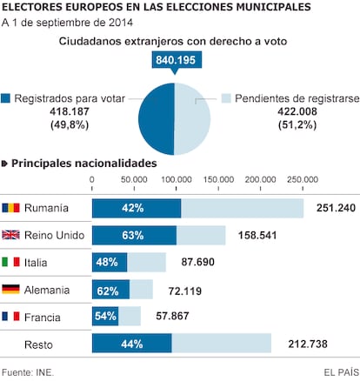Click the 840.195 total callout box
(177, 60)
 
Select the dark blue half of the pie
(156, 119)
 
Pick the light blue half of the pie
(192, 119)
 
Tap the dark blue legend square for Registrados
(5, 98)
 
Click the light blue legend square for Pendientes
(226, 98)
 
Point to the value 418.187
(70, 111)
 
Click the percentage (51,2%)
(297, 125)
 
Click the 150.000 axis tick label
(218, 179)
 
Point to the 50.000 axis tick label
(134, 179)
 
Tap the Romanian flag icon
(10, 208)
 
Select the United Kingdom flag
(10, 235)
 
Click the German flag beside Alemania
(10, 290)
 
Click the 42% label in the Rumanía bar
(133, 208)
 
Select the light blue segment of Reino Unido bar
(201, 236)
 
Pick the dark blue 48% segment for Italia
(110, 263)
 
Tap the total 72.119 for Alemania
(185, 291)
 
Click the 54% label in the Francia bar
(105, 316)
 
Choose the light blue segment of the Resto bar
(222, 344)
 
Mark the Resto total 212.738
(308, 344)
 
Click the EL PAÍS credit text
(341, 372)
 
